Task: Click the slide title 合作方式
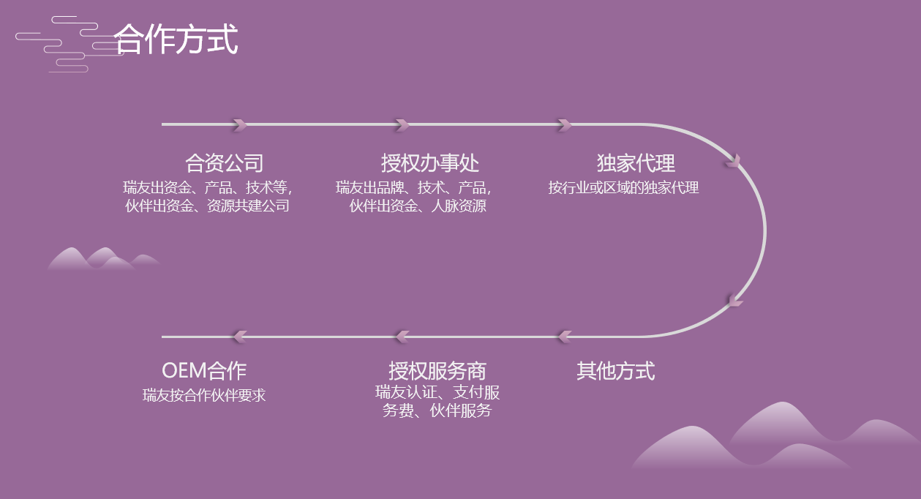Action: pyautogui.click(x=176, y=40)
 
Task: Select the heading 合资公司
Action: pyautogui.click(x=224, y=162)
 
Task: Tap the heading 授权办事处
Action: pyautogui.click(x=429, y=162)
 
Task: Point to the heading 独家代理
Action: pyautogui.click(x=636, y=162)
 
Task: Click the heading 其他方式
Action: pyautogui.click(x=615, y=371)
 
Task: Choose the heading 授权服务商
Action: pyautogui.click(x=437, y=371)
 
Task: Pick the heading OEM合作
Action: pyautogui.click(x=204, y=371)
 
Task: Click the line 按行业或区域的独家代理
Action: pyautogui.click(x=623, y=187)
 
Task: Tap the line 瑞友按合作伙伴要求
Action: pyautogui.click(x=204, y=396)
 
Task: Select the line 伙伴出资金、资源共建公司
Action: pyautogui.click(x=208, y=206)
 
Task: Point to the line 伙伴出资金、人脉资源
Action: pyautogui.click(x=417, y=206)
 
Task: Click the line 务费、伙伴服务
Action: pyautogui.click(x=437, y=411)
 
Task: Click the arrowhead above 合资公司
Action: pyautogui.click(x=240, y=125)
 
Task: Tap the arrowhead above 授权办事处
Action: pyautogui.click(x=402, y=125)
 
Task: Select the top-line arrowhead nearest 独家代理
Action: pyautogui.click(x=564, y=125)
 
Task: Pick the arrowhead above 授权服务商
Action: pyautogui.click(x=402, y=337)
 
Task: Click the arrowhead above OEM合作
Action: pyautogui.click(x=239, y=337)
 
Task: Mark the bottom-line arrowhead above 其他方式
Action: pyautogui.click(x=564, y=337)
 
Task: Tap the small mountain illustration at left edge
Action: pyautogui.click(x=102, y=259)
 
